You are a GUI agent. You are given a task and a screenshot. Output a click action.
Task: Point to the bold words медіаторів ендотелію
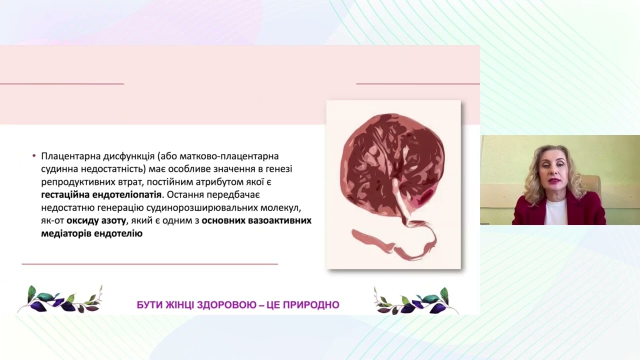coord(91,233)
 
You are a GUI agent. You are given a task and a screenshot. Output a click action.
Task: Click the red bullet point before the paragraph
coord(33,156)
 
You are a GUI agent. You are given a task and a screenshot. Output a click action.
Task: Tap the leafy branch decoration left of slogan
coord(60,300)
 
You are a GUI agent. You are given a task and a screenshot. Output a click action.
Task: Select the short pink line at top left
coord(61,83)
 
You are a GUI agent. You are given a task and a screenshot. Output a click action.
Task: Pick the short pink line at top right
coord(417,83)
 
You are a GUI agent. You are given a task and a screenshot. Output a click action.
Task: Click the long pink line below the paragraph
coord(149,263)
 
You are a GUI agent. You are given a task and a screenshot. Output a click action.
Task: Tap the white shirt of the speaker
coord(555,212)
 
